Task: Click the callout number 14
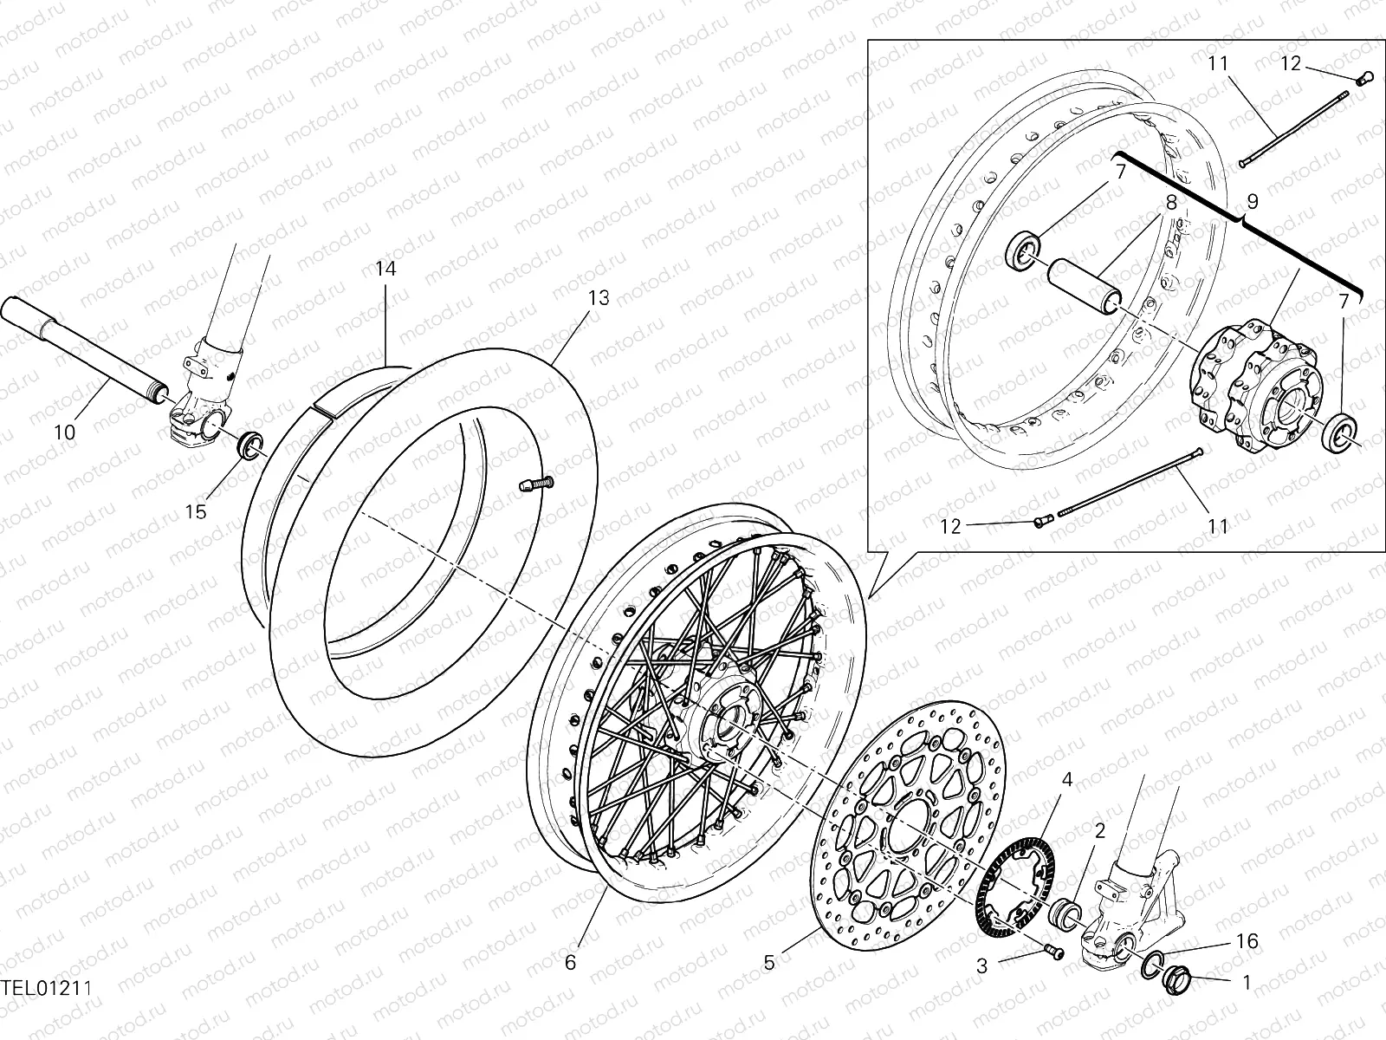point(385,269)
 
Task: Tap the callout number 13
point(599,298)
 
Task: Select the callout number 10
point(65,431)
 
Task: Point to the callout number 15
point(197,511)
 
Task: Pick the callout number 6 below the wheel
point(570,962)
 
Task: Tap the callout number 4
point(1067,780)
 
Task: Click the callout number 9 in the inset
point(1252,202)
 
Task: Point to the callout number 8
point(1169,205)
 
